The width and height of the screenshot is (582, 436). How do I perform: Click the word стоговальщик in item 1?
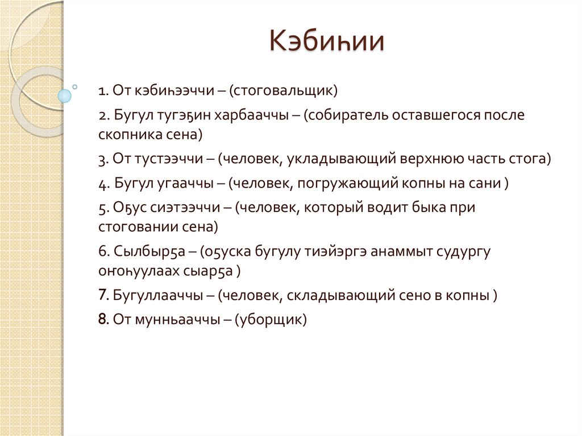tap(285, 90)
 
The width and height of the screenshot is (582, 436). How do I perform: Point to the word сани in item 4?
tap(488, 184)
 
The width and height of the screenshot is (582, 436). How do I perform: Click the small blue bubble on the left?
tap(65, 95)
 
